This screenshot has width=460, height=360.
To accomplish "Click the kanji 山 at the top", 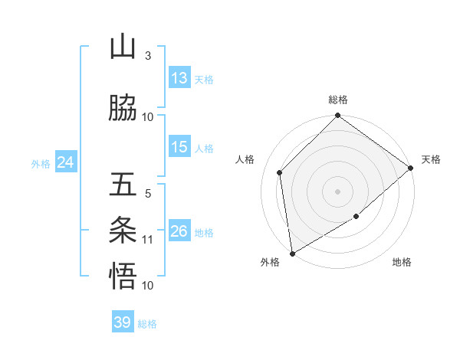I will click(123, 47).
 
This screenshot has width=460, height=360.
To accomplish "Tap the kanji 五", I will click(123, 185).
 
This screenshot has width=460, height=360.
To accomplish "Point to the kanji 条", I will click(123, 230).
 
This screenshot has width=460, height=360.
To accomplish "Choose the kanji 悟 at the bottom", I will click(123, 276).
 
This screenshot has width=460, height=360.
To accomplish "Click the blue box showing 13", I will click(179, 78).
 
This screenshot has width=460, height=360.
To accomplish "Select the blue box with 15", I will click(179, 147).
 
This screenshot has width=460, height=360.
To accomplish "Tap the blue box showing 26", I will click(179, 231).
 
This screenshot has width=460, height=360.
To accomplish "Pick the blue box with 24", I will click(66, 162).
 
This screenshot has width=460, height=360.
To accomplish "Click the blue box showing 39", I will click(123, 322).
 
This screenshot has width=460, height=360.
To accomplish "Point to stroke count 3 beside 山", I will click(147, 56).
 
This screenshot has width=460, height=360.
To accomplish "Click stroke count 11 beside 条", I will click(148, 240).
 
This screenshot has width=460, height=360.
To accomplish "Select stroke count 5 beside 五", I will click(147, 194).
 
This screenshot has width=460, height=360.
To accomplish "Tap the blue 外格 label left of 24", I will click(41, 163).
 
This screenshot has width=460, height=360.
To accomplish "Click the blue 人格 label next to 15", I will click(204, 148).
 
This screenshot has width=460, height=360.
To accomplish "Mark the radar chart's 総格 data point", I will click(337, 116).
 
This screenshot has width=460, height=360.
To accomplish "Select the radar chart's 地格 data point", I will click(356, 218).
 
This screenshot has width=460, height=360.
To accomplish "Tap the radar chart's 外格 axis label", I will click(270, 263).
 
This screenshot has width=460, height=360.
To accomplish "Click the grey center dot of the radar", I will click(337, 191).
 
